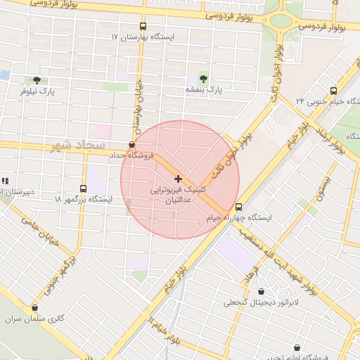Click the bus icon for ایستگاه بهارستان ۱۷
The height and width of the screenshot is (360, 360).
pyautogui.click(x=143, y=26)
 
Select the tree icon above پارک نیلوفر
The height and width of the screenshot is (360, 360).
pyautogui.click(x=37, y=81)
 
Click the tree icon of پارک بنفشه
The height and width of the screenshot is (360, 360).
pyautogui.click(x=204, y=78)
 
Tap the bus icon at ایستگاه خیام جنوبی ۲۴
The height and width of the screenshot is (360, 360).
pyautogui.click(x=333, y=91)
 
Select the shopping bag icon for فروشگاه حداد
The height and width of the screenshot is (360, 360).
pyautogui.click(x=131, y=144)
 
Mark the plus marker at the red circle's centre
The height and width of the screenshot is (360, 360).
pyautogui.click(x=178, y=179)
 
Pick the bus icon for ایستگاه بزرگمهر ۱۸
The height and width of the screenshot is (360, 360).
pyautogui.click(x=84, y=189)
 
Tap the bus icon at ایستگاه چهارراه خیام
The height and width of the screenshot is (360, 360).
pyautogui.click(x=238, y=207)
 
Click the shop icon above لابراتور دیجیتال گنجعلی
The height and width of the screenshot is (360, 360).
pyautogui.click(x=261, y=292)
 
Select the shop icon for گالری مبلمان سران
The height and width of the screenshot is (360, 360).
pyautogui.click(x=34, y=307)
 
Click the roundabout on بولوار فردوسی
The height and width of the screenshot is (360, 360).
pyautogui.click(x=281, y=20)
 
